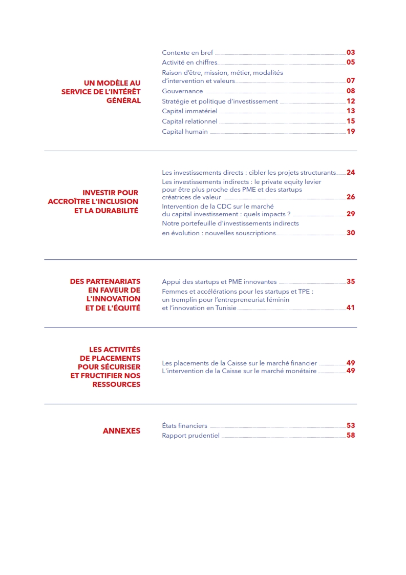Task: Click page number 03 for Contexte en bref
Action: [351, 52]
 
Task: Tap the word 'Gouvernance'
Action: [182, 91]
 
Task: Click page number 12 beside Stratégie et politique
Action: [351, 101]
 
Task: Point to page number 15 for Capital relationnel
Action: [351, 121]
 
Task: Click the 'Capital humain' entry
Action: [185, 132]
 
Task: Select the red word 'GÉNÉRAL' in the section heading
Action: [123, 100]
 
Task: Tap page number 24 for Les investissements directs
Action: [351, 172]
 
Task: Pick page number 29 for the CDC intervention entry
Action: [351, 214]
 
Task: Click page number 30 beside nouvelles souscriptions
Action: [351, 233]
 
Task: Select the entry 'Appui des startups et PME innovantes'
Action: [219, 282]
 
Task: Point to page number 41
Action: [351, 307]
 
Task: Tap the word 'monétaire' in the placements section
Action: [302, 371]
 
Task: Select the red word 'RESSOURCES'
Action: [116, 384]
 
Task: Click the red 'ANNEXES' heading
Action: [121, 431]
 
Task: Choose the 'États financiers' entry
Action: [184, 426]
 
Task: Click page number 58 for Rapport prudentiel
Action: [351, 436]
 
